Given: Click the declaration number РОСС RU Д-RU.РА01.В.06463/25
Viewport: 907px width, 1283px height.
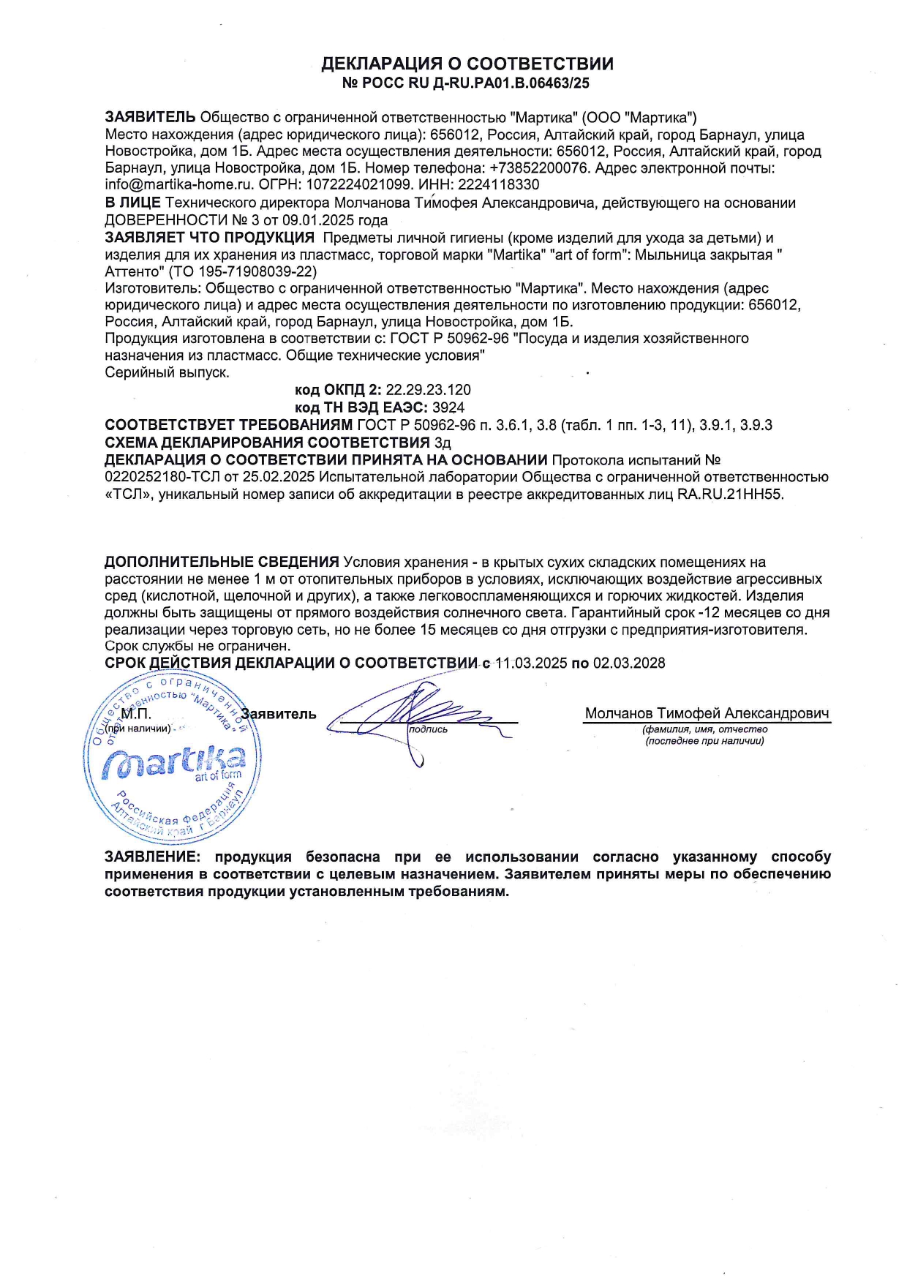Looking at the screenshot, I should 475,83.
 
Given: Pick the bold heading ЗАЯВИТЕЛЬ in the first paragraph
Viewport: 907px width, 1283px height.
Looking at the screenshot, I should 150,117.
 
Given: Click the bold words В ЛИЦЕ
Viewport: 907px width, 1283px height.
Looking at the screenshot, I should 132,203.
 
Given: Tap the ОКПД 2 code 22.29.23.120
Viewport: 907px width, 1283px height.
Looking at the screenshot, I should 429,390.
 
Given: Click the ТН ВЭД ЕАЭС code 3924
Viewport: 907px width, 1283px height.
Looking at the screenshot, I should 448,407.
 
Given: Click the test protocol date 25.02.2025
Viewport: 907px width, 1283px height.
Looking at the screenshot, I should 282,477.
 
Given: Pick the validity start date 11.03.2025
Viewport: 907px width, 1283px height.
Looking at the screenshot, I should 531,663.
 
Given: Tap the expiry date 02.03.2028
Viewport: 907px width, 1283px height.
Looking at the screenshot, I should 629,663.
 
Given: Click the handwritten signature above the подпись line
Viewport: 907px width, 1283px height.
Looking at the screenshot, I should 417,713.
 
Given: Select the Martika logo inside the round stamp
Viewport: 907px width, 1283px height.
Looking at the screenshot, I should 173,762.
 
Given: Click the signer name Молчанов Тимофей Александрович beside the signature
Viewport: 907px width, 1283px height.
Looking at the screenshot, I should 707,713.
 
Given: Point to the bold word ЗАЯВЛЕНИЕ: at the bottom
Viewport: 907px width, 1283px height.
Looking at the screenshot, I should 152,857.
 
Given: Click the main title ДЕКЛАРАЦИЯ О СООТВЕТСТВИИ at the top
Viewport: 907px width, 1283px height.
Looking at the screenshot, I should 467,64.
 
